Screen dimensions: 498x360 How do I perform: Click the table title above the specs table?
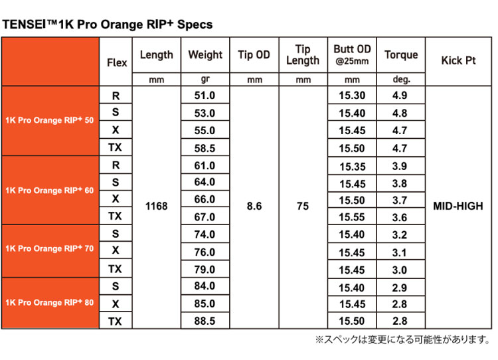pos(108,25)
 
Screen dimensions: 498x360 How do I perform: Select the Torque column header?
pos(401,54)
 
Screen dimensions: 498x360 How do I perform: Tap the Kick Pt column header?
pos(458,60)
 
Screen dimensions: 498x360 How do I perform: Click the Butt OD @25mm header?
pos(352,54)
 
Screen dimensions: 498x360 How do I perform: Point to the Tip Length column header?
pos(303,54)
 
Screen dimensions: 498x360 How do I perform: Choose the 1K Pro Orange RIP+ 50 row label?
pos(50,120)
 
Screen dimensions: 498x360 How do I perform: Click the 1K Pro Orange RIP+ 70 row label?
pos(50,248)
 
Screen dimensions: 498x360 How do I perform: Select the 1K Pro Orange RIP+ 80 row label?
pos(50,302)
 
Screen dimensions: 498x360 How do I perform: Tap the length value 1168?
pos(156,206)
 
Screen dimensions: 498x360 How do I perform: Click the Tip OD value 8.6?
pos(254,206)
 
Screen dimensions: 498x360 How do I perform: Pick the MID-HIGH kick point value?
pos(458,206)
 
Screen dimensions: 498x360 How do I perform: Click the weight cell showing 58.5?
pos(205,148)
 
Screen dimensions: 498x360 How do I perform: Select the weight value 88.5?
pos(205,321)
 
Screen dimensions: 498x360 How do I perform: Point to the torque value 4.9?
pos(400,96)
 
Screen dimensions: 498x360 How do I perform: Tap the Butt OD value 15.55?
pos(351,217)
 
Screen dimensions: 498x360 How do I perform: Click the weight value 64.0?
pos(205,182)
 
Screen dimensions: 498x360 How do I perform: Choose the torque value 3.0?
pos(400,270)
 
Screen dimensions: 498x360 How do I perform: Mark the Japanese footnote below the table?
pos(403,339)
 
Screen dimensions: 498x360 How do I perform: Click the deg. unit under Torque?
pos(402,79)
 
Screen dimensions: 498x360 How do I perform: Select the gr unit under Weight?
pos(205,79)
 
